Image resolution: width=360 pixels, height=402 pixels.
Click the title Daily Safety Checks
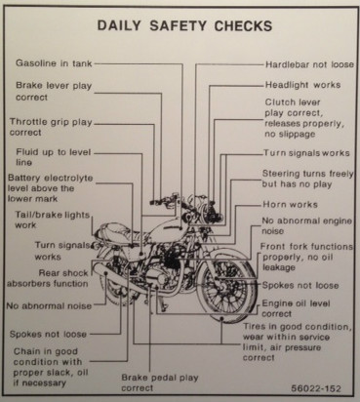[x=184, y=26]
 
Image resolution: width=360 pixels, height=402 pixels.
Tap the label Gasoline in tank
[x=54, y=63]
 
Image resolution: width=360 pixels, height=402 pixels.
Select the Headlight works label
[x=303, y=85]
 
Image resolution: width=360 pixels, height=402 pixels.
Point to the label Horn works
[x=290, y=205]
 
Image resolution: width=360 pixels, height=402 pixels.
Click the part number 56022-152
[x=316, y=388]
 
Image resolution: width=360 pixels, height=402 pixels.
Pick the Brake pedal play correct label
[x=160, y=382]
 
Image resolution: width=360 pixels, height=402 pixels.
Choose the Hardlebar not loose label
[x=309, y=64]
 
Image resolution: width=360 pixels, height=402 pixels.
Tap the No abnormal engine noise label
[x=306, y=226]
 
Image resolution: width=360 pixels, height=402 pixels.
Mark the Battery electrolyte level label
[x=51, y=188]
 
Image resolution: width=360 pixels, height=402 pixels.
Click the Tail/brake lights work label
[x=52, y=220]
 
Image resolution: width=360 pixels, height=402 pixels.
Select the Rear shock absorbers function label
[x=48, y=278]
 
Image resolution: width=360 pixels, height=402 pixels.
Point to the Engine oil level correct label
[x=296, y=308]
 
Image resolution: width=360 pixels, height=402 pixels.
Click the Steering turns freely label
[x=307, y=179]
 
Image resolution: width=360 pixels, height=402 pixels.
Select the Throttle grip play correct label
[x=51, y=127]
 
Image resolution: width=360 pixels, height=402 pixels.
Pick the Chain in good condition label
[x=51, y=367]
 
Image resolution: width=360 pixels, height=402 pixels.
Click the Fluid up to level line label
[x=54, y=157]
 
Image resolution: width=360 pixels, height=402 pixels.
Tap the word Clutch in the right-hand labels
[x=276, y=102]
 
